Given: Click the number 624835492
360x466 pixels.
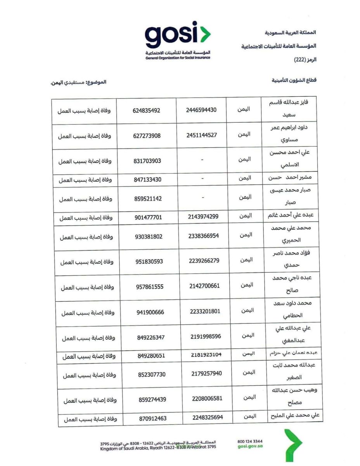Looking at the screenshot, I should click(x=146, y=111).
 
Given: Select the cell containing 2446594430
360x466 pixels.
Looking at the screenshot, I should click(x=201, y=110).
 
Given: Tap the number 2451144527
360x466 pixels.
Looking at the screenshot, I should click(x=201, y=135).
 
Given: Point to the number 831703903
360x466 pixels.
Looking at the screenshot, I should click(x=146, y=161).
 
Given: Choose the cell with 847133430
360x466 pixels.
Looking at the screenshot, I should click(x=146, y=179).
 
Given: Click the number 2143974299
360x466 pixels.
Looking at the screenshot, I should click(x=202, y=216).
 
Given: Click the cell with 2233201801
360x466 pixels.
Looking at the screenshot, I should click(x=205, y=311).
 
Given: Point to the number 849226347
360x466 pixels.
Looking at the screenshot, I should click(x=151, y=337).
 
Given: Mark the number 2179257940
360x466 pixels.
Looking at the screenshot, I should click(x=206, y=374).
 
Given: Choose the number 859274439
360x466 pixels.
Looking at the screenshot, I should click(x=152, y=400).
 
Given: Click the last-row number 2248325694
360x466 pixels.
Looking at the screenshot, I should click(x=208, y=417).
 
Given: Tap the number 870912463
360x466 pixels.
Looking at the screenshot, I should click(x=152, y=419).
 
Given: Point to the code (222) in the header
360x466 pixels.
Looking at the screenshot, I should click(x=302, y=60).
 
